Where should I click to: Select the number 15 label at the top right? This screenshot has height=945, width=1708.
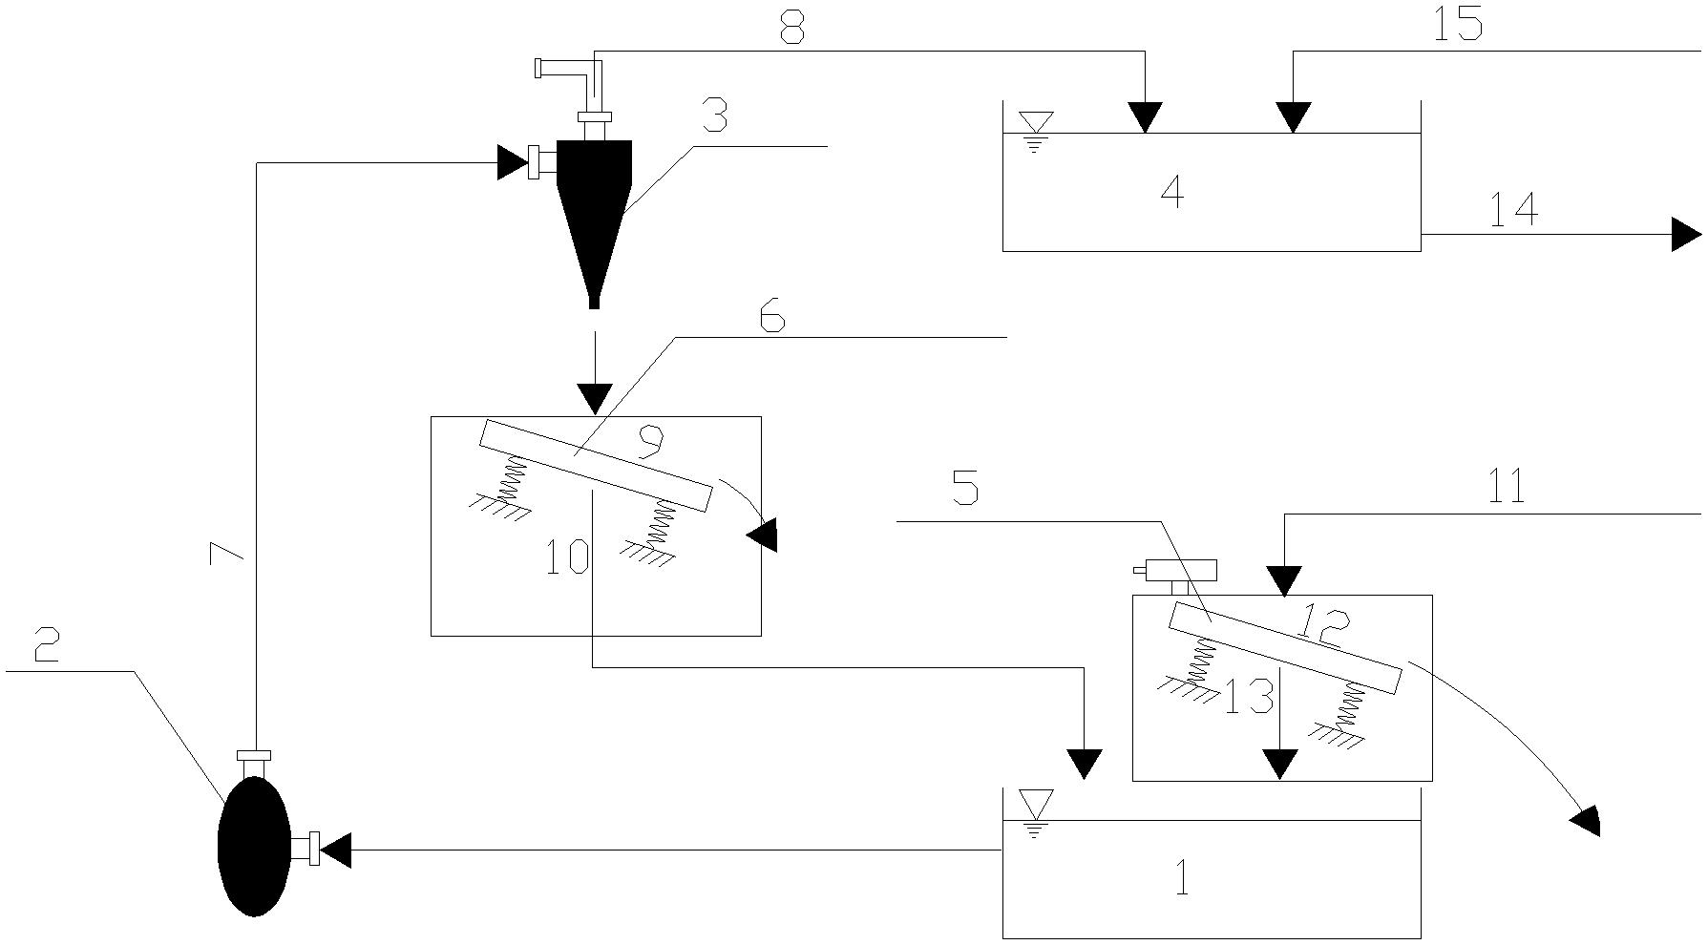tap(1457, 24)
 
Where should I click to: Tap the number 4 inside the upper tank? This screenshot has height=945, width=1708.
tap(1172, 192)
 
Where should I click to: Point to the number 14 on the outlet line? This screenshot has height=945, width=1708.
tap(1514, 209)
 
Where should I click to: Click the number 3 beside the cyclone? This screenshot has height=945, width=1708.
tap(714, 116)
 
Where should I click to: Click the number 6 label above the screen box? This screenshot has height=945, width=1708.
tap(772, 315)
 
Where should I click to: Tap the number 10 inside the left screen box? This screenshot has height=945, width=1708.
tap(566, 556)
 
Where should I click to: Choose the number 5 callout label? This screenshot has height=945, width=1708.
tap(966, 488)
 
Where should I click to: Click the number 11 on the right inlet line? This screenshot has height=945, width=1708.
tap(1507, 487)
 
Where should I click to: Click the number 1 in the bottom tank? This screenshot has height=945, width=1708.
tap(1183, 879)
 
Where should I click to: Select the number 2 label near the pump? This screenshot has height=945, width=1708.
tap(46, 645)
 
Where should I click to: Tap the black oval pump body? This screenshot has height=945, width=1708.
tap(254, 847)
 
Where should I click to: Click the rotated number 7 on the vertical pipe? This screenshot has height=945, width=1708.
tap(226, 553)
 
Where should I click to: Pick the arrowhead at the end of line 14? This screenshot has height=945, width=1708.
tap(1686, 234)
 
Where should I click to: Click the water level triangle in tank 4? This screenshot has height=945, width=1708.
tap(1036, 122)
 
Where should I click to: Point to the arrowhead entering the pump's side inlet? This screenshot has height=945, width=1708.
tap(335, 850)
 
